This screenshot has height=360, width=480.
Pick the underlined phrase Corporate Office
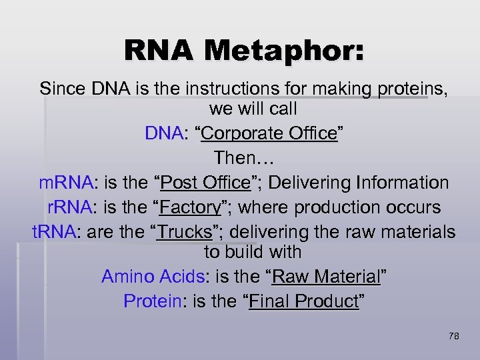pyautogui.click(x=269, y=133)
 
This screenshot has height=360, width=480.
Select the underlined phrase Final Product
pyautogui.click(x=303, y=301)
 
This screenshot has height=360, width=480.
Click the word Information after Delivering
pyautogui.click(x=402, y=182)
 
